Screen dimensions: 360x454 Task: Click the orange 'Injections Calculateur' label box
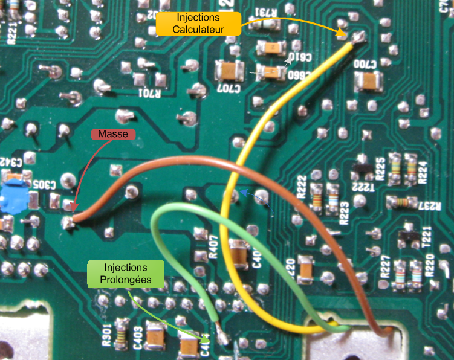[198, 25]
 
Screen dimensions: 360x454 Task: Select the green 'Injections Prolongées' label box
[125, 273]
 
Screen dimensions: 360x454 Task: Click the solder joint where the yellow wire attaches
[357, 39]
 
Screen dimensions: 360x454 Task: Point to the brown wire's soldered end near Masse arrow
[71, 221]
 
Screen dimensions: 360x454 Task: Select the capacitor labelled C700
[369, 79]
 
